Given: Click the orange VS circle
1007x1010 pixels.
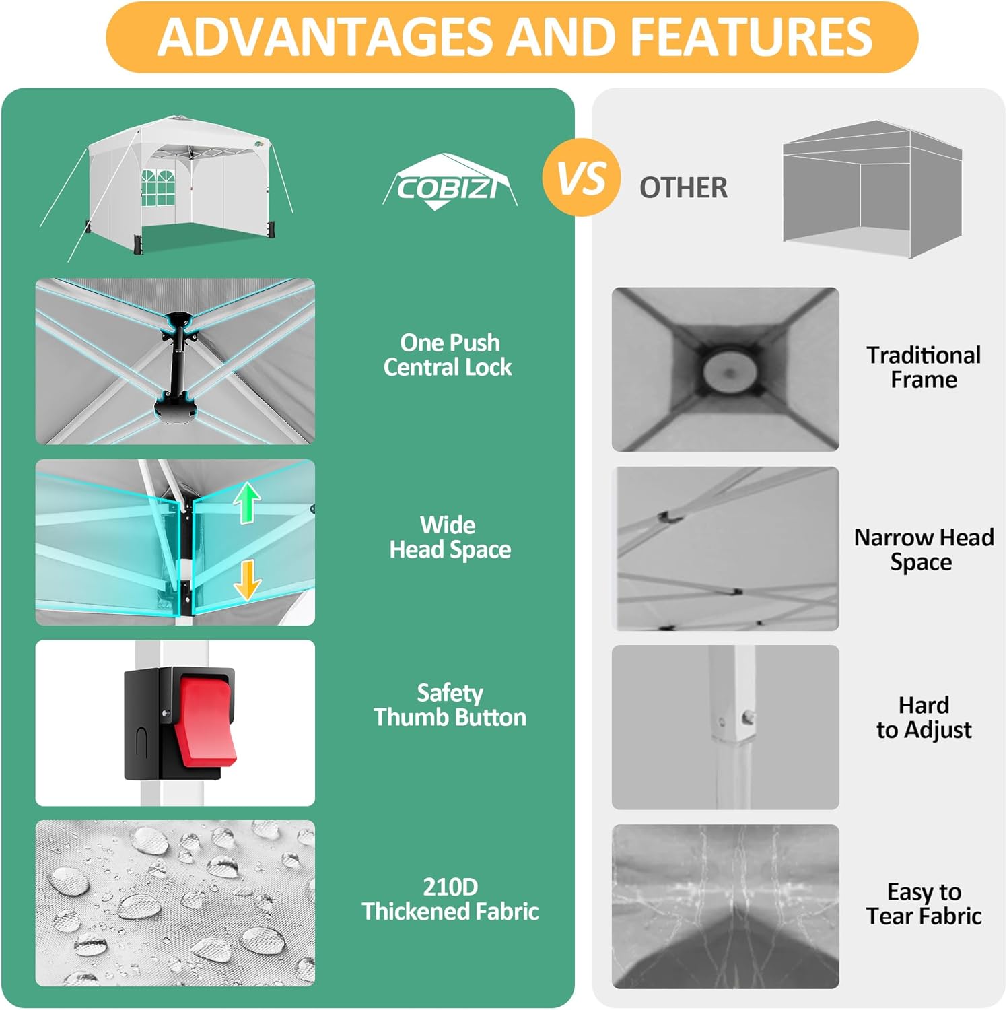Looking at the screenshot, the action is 581,177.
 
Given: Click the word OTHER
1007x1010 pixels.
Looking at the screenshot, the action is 683,188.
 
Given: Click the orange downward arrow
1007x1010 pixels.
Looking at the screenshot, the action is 247,579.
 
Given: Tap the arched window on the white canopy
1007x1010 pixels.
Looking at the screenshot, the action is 158,188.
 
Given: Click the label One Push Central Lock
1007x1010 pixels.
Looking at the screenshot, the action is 448,355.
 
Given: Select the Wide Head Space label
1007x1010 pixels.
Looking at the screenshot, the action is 450,537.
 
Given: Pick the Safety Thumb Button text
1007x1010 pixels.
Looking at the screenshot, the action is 450,705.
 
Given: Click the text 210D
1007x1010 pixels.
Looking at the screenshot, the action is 450,887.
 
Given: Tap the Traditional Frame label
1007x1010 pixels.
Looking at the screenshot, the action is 924,367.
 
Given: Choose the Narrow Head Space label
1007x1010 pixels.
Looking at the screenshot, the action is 924,549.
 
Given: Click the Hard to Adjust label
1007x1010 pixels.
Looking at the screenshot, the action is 924,717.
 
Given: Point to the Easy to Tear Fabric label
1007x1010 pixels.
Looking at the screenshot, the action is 924,904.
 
